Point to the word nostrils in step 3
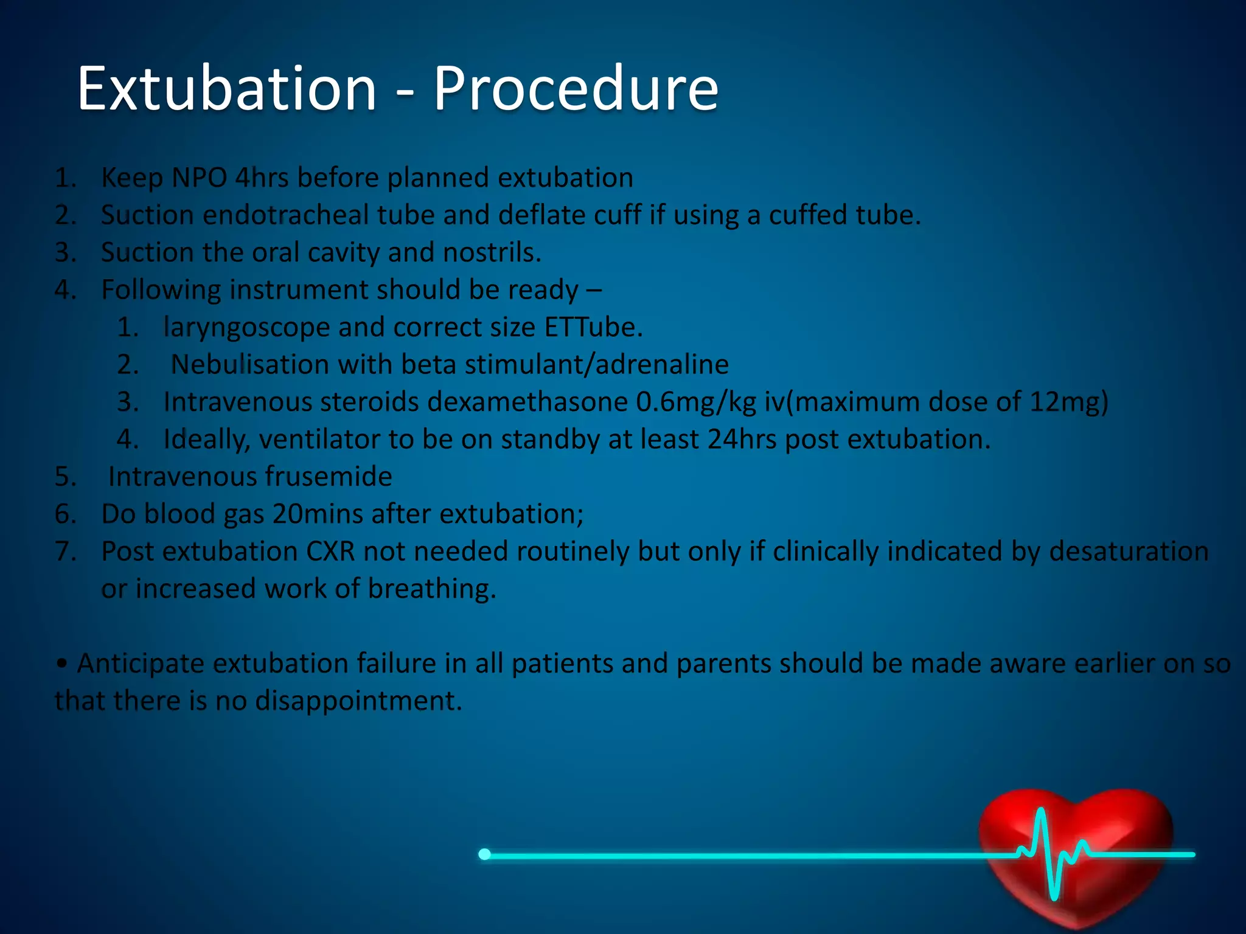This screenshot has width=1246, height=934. [x=492, y=252]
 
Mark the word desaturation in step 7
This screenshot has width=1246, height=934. [x=1129, y=552]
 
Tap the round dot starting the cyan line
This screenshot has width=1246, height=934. [x=484, y=854]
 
